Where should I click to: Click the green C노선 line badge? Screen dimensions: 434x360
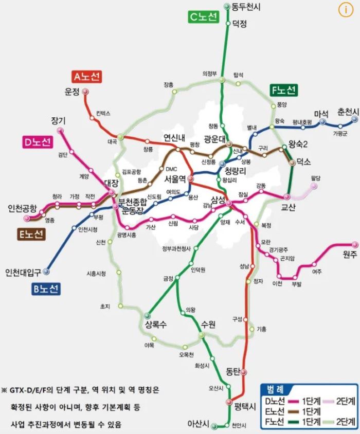pyautogui.click(x=204, y=17)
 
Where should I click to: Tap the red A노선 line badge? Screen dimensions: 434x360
pyautogui.click(x=87, y=77)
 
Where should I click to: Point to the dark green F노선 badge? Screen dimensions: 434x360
pyautogui.click(x=283, y=91)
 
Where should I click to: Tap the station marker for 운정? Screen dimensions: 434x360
pyautogui.click(x=85, y=92)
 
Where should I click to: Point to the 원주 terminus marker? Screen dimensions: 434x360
pyautogui.click(x=354, y=245)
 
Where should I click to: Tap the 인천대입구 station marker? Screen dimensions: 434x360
pyautogui.click(x=46, y=271)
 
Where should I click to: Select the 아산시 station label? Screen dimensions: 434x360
pyautogui.click(x=199, y=424)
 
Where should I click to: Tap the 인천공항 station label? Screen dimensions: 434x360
pyautogui.click(x=22, y=209)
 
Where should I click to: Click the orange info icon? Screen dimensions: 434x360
pyautogui.click(x=344, y=9)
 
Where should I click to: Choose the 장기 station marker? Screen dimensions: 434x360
pyautogui.click(x=61, y=131)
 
